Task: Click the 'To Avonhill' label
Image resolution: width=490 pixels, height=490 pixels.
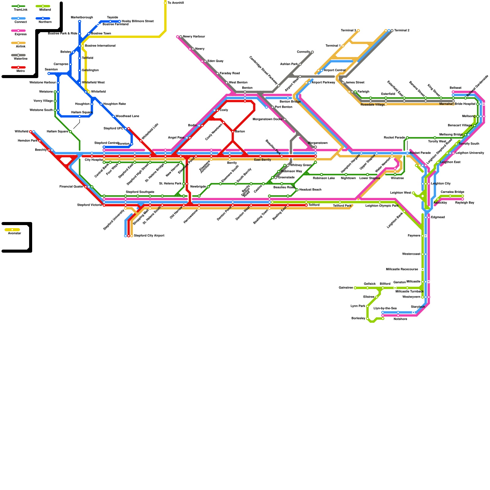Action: coord(175,3)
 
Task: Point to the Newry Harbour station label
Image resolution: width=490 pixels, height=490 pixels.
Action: coord(194,37)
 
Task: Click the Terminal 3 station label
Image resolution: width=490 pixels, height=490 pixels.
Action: coord(348,31)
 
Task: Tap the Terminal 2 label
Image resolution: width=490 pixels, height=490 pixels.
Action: coord(402,31)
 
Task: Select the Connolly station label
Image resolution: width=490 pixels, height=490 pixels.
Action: coord(303,52)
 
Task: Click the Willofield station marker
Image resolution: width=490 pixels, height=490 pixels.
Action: coord(31,132)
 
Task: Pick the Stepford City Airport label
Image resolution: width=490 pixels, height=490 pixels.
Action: coord(149,236)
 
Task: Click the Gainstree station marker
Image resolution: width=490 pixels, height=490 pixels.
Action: coord(355,288)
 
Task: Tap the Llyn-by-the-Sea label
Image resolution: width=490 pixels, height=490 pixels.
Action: coord(385,308)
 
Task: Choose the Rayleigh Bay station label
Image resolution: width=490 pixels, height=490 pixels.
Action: coord(465,203)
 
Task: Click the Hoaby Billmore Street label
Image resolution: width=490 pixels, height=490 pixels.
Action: coord(138,21)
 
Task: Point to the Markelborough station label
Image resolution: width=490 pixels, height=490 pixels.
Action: coord(82,17)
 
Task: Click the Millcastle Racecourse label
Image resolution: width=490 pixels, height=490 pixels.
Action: coord(402,269)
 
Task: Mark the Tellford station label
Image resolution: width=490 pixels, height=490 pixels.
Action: coord(314,205)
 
